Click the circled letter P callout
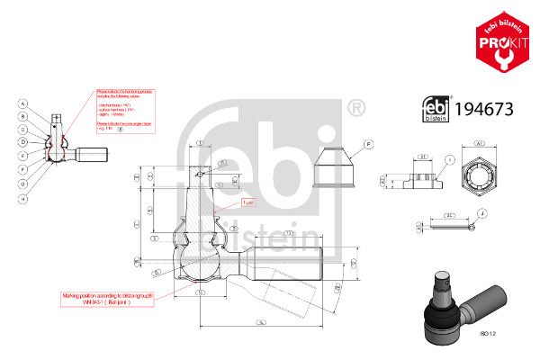(x=369, y=144)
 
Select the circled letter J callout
(x=483, y=213)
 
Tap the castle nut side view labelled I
(x=416, y=177)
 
